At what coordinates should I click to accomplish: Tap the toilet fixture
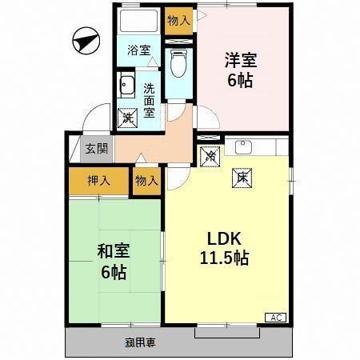coord(178,62)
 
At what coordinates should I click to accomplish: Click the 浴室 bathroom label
coord(139,50)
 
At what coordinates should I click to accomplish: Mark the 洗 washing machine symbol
coord(127,117)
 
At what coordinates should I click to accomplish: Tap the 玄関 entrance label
coord(97,148)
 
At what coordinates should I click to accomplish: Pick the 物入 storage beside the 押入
coord(146,182)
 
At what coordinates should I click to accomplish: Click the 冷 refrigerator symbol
coord(209,157)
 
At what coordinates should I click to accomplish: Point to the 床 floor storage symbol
coord(240,177)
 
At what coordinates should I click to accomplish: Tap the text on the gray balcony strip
coord(139,342)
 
